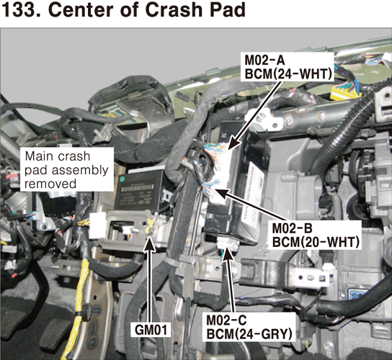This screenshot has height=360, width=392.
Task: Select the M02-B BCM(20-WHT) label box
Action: [315, 235]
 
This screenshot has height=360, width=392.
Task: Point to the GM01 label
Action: [151, 330]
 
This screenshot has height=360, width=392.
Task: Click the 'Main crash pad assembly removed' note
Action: [67, 170]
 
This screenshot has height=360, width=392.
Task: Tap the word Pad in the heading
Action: [228, 10]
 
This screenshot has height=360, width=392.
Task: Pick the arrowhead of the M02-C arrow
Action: [227, 253]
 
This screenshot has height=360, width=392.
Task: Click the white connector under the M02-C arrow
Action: [227, 243]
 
